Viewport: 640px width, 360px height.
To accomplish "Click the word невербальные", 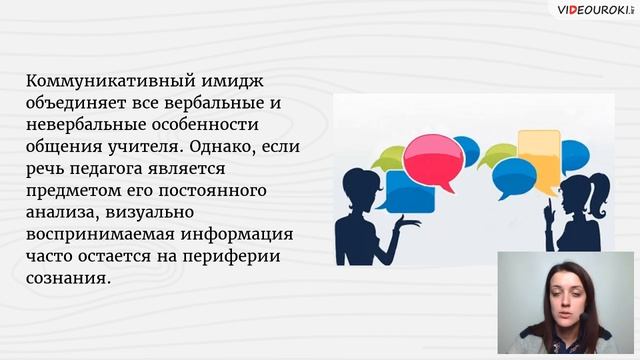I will [87, 125].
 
